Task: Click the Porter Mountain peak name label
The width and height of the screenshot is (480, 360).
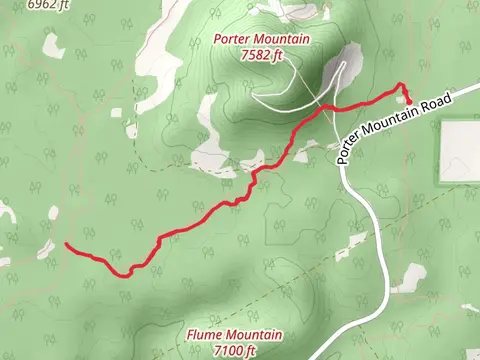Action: (x=262, y=40)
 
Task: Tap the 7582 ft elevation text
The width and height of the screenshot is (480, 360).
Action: (x=262, y=55)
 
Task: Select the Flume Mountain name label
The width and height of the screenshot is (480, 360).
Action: (x=234, y=335)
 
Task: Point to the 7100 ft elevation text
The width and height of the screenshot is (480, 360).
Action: (x=234, y=350)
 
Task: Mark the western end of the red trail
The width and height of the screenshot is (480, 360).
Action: (x=66, y=244)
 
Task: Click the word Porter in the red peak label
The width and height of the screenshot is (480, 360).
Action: (x=232, y=40)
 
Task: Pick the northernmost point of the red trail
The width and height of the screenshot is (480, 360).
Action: (x=400, y=84)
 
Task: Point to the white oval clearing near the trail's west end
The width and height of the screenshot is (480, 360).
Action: (x=53, y=211)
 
